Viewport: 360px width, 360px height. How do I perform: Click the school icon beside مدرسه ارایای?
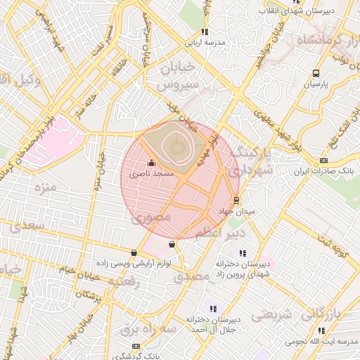(205, 32)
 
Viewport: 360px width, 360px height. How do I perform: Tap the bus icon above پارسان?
(316, 73)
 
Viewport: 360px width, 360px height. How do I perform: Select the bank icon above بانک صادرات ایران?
(323, 160)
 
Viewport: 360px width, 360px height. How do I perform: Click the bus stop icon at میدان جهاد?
(236, 199)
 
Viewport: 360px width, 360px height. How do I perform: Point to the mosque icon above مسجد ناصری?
(152, 163)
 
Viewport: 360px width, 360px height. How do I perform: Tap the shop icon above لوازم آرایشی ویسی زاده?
(134, 252)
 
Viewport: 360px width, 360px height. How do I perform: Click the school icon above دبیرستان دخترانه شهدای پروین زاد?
(243, 253)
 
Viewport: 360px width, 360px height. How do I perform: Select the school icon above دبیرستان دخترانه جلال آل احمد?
(214, 308)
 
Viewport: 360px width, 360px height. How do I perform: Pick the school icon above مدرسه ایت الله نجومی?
(321, 330)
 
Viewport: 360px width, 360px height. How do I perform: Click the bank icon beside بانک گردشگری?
(136, 346)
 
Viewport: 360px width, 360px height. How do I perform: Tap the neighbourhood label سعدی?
(26, 226)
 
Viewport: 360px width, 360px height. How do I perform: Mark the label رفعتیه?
(124, 281)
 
